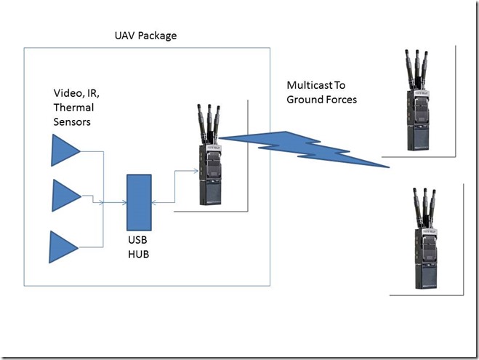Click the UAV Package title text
click(x=145, y=35)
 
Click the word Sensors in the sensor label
click(x=73, y=122)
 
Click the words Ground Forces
click(x=322, y=100)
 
